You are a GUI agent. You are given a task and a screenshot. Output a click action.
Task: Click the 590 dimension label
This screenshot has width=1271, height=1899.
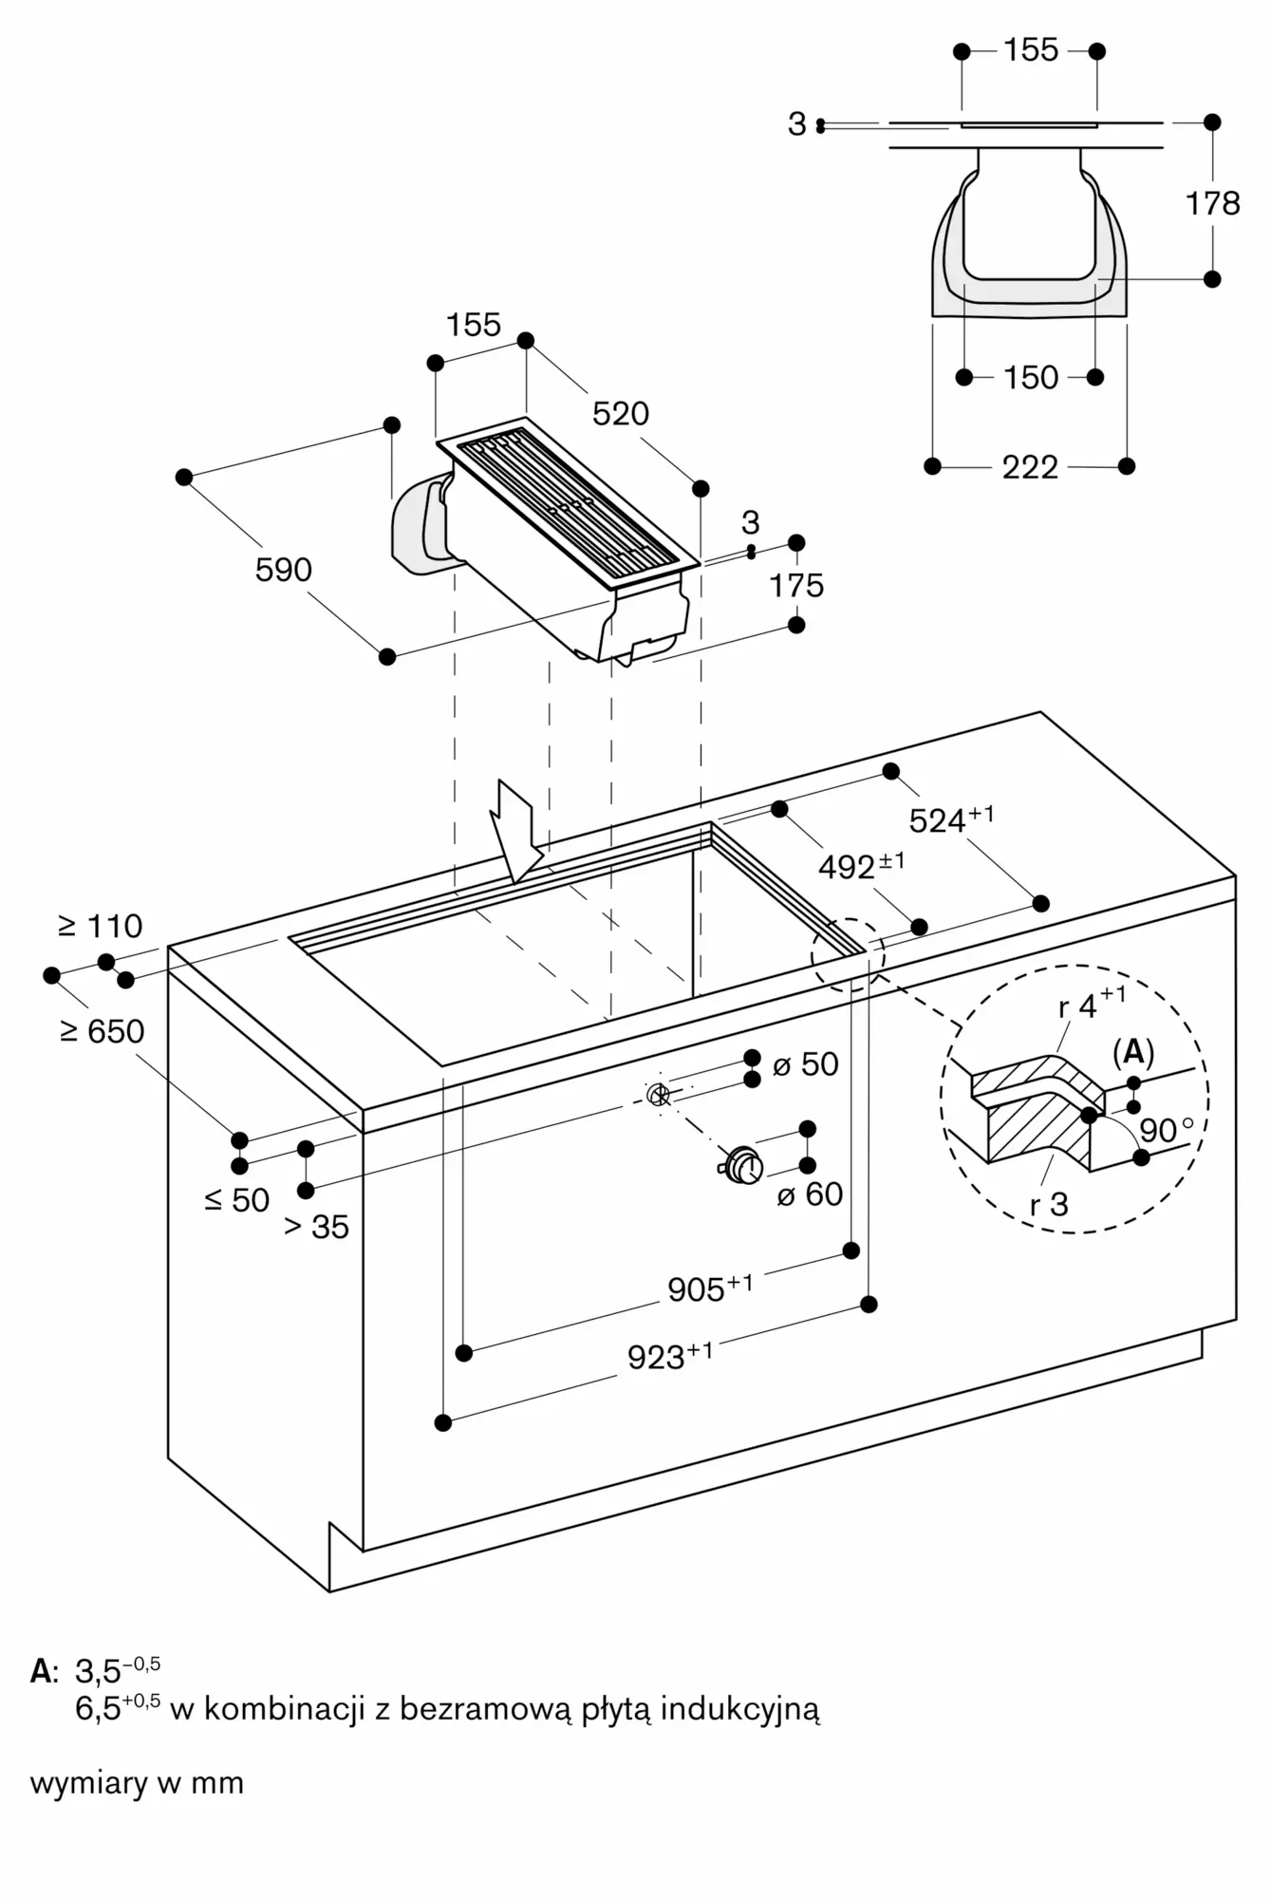[283, 570]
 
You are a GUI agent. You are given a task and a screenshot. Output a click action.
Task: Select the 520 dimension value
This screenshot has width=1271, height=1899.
[621, 414]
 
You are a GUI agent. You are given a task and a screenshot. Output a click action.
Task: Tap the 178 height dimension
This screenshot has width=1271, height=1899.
[1212, 203]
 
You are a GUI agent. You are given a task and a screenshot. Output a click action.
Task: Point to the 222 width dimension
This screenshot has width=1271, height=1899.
[1030, 467]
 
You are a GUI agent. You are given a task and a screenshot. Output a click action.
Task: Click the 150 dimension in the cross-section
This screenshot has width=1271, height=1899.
[1030, 378]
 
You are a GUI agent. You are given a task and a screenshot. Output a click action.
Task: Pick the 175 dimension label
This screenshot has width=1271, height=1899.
[796, 586]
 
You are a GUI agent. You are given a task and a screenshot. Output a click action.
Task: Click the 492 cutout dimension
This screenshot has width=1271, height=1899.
[860, 866]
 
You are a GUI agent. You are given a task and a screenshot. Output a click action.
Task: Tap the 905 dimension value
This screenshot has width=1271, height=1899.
[709, 1288]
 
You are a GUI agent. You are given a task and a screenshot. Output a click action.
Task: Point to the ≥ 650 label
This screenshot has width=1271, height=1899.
[103, 1031]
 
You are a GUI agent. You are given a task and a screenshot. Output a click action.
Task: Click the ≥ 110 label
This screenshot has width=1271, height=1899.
[101, 926]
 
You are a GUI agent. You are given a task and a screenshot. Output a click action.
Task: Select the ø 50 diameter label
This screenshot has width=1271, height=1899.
[806, 1064]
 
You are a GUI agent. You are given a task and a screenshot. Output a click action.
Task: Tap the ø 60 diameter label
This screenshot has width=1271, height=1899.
[810, 1194]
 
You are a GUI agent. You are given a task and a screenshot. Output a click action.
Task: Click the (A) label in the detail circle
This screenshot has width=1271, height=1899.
[1132, 1052]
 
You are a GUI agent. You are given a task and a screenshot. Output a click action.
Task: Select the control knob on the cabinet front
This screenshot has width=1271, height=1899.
[741, 1167]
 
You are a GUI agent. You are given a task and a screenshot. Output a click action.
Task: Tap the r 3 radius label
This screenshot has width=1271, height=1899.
[1049, 1205]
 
